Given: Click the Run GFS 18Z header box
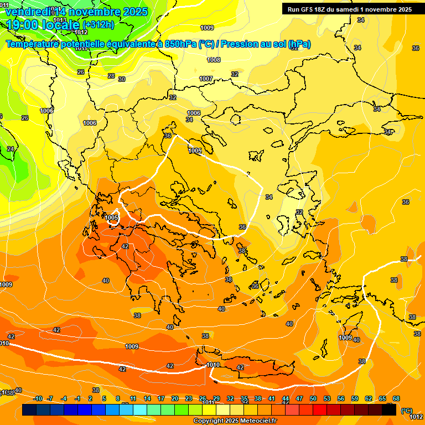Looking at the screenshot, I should click(x=349, y=9).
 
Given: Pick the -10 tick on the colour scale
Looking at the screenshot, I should click(x=38, y=398).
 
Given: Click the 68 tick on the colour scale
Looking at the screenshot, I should click(x=396, y=398).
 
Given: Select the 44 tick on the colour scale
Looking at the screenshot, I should click(x=286, y=398).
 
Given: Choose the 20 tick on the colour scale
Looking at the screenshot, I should click(x=175, y=398).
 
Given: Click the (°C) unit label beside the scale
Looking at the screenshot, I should click(x=406, y=410).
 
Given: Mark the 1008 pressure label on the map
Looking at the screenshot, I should click(x=214, y=60).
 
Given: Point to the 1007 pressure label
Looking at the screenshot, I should click(x=206, y=79).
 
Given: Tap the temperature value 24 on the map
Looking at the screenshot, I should click(x=11, y=149).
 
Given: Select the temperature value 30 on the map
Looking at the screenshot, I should click(x=122, y=79).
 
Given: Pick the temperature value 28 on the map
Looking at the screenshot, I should click(x=111, y=76).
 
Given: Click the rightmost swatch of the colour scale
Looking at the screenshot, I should click(x=390, y=410).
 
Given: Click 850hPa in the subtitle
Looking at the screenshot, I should click(x=180, y=44).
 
